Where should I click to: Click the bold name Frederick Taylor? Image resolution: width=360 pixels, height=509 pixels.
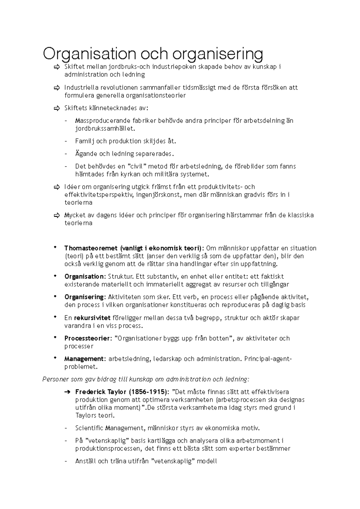click(101, 392)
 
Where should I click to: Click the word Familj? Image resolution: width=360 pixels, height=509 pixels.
click(84, 141)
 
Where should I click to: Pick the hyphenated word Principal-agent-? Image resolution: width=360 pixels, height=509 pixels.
click(268, 359)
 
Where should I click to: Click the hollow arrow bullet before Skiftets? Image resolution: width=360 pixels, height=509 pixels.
click(57, 109)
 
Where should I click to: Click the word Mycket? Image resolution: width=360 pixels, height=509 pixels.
click(75, 215)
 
